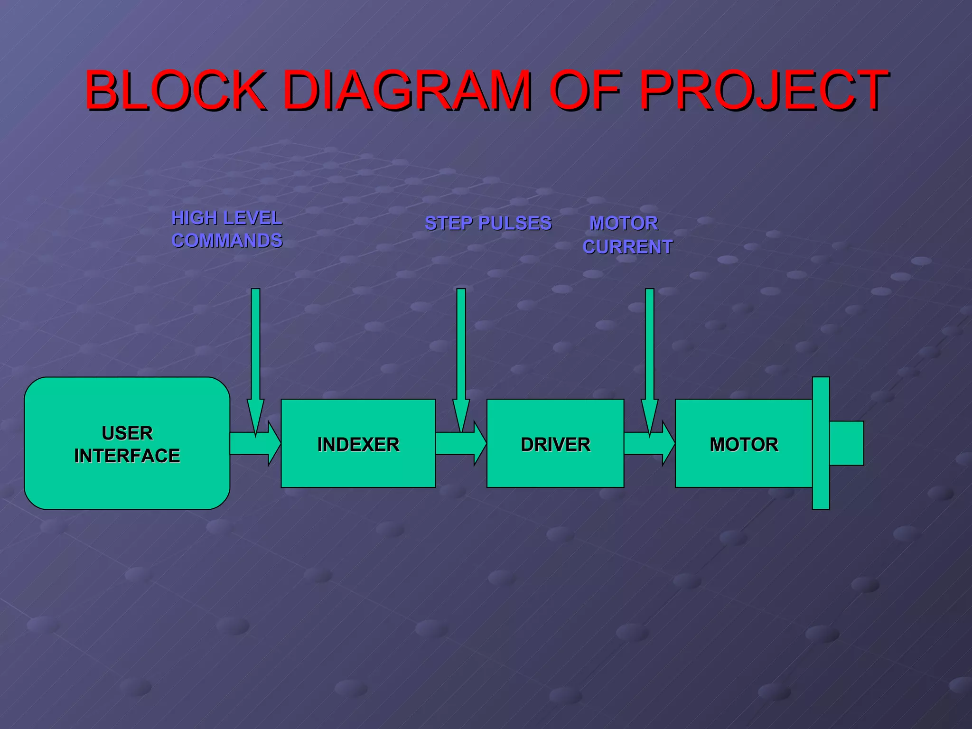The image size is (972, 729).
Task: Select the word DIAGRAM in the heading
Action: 408,90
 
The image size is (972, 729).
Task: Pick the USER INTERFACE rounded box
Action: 127,479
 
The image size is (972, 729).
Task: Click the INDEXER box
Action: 358,470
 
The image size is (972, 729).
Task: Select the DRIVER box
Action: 555,470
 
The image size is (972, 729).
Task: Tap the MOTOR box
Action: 743,470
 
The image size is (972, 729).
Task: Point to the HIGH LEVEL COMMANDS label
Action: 227,229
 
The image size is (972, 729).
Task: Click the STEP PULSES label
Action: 488,223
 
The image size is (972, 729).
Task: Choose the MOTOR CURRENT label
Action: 626,235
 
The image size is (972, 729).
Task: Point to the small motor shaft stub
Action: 847,443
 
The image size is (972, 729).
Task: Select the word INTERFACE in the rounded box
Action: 127,456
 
